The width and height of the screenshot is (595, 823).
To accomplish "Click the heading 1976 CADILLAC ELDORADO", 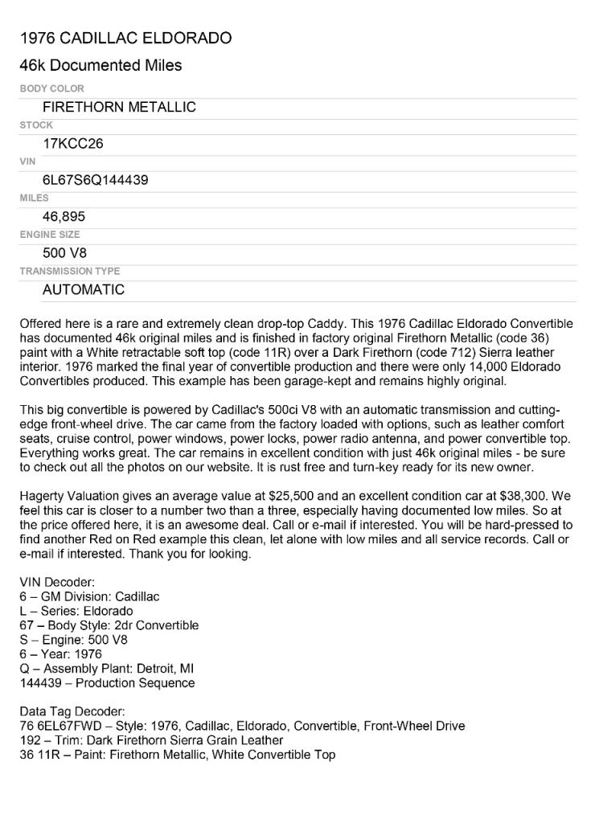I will [125, 38].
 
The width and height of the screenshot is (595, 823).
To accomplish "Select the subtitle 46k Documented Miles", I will [101, 65].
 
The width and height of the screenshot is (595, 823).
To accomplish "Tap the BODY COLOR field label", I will [51, 88].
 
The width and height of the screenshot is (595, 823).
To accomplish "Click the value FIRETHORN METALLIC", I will [119, 107].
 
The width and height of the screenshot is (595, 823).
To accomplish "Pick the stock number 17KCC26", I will [72, 144].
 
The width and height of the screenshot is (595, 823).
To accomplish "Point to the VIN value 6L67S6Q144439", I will [95, 180].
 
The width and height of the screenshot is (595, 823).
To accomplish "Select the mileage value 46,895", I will [64, 216].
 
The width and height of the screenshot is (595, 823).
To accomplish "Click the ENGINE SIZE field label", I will [49, 235].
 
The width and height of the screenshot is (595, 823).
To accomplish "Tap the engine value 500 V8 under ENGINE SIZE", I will [64, 253].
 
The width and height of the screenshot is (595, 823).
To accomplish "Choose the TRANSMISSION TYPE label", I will [69, 271].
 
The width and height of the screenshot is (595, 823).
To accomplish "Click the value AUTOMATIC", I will [84, 289].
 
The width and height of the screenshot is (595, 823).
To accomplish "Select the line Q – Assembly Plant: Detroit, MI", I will [107, 669].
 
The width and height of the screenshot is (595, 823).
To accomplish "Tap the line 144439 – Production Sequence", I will [107, 683].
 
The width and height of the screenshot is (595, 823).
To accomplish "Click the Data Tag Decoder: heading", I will [72, 711].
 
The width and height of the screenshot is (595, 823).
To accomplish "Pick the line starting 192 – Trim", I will [151, 740].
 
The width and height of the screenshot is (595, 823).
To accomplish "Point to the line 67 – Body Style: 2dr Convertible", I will [109, 625].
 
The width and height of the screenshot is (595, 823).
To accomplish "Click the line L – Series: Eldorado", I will [76, 611].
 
